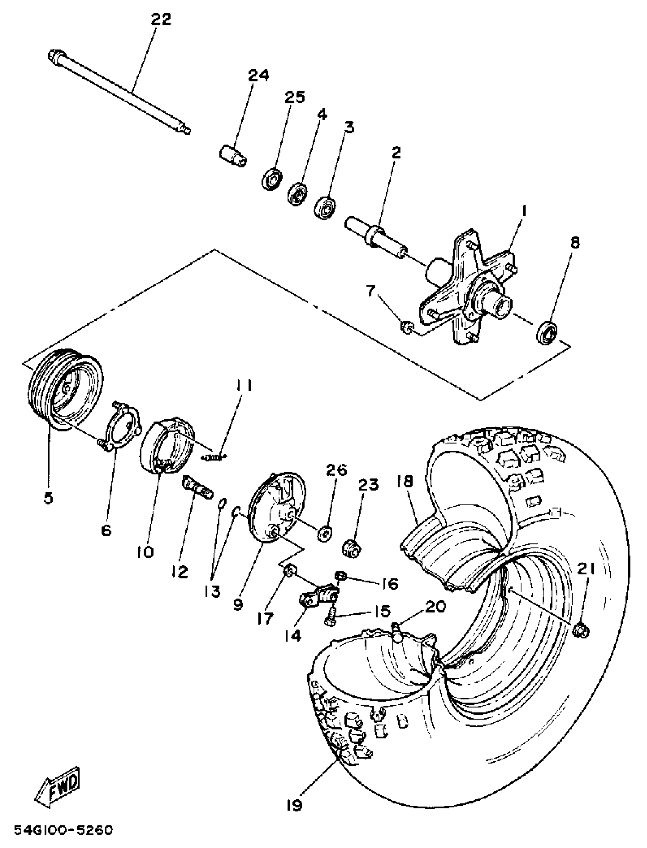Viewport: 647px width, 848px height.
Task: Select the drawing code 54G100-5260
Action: click(x=64, y=827)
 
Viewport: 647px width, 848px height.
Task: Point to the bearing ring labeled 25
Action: click(x=272, y=178)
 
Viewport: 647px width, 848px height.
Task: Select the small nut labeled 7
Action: click(x=407, y=327)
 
